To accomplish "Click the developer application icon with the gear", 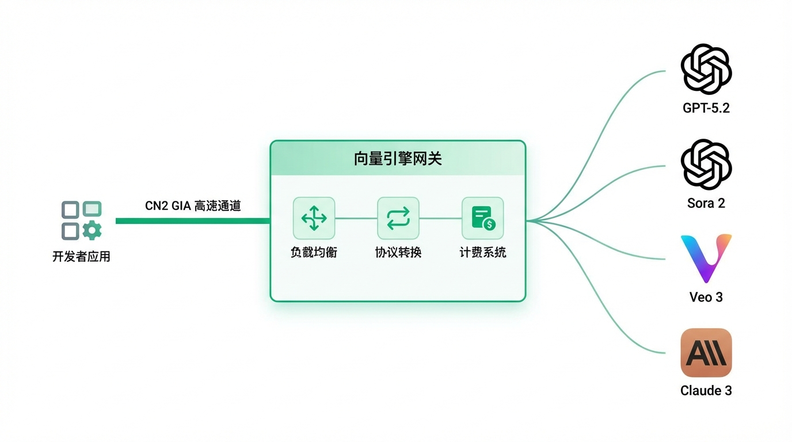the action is [81, 220].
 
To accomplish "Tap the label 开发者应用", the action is [81, 257].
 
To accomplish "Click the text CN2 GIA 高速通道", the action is [193, 205].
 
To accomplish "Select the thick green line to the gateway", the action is [193, 221].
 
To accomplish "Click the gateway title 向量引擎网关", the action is [398, 158].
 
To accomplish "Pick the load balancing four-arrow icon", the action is [314, 218].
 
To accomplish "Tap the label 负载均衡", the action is [314, 252].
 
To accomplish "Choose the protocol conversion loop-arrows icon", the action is [398, 218].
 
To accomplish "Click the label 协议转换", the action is [398, 252].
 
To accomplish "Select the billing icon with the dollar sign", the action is [482, 218].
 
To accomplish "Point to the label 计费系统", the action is [482, 252].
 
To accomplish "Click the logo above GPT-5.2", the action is [706, 70].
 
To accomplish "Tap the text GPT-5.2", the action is [706, 108].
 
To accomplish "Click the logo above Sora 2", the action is [706, 165].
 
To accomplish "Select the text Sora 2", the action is [706, 203].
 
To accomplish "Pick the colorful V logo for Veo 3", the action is [706, 258].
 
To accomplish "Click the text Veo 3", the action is [706, 297].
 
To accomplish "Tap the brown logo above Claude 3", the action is [706, 353].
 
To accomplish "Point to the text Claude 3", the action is [706, 391].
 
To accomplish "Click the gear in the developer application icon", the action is [92, 231].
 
